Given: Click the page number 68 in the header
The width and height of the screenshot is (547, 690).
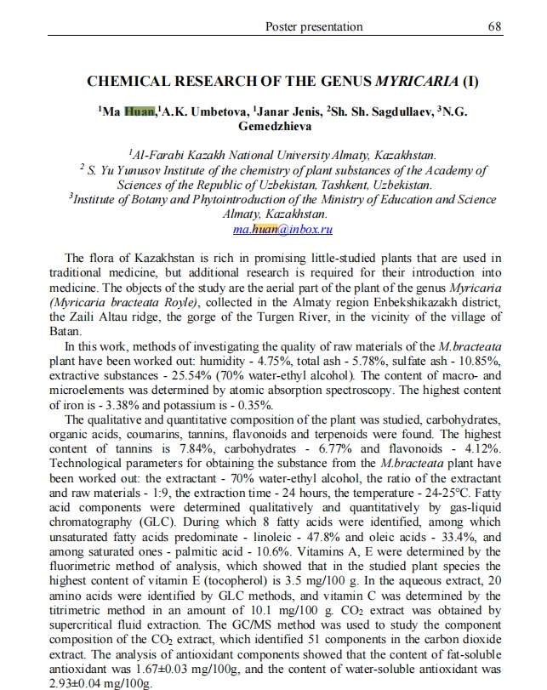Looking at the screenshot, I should (x=495, y=26).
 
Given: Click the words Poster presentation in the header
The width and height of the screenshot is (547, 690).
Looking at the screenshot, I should (x=314, y=26).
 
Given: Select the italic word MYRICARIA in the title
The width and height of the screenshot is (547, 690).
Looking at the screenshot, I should (x=414, y=83).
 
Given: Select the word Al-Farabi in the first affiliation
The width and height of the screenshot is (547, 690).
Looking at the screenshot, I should (x=155, y=155).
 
